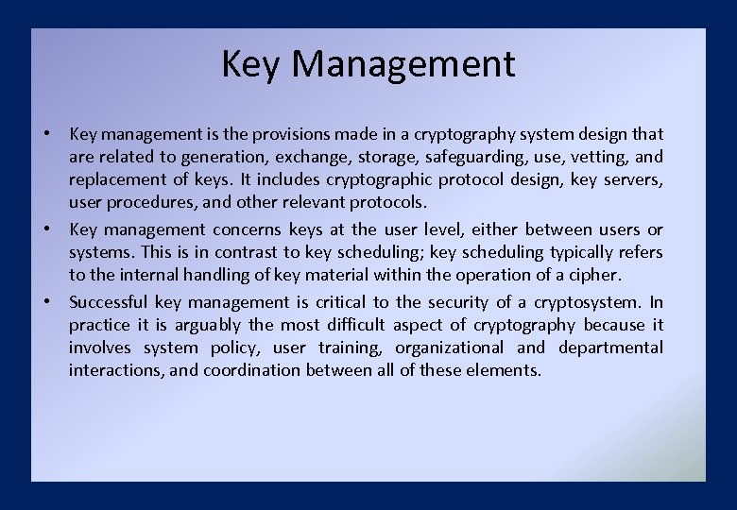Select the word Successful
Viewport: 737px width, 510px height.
pyautogui.click(x=109, y=302)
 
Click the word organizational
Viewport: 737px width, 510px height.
pyautogui.click(x=450, y=348)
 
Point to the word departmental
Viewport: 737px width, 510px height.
pyautogui.click(x=610, y=348)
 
